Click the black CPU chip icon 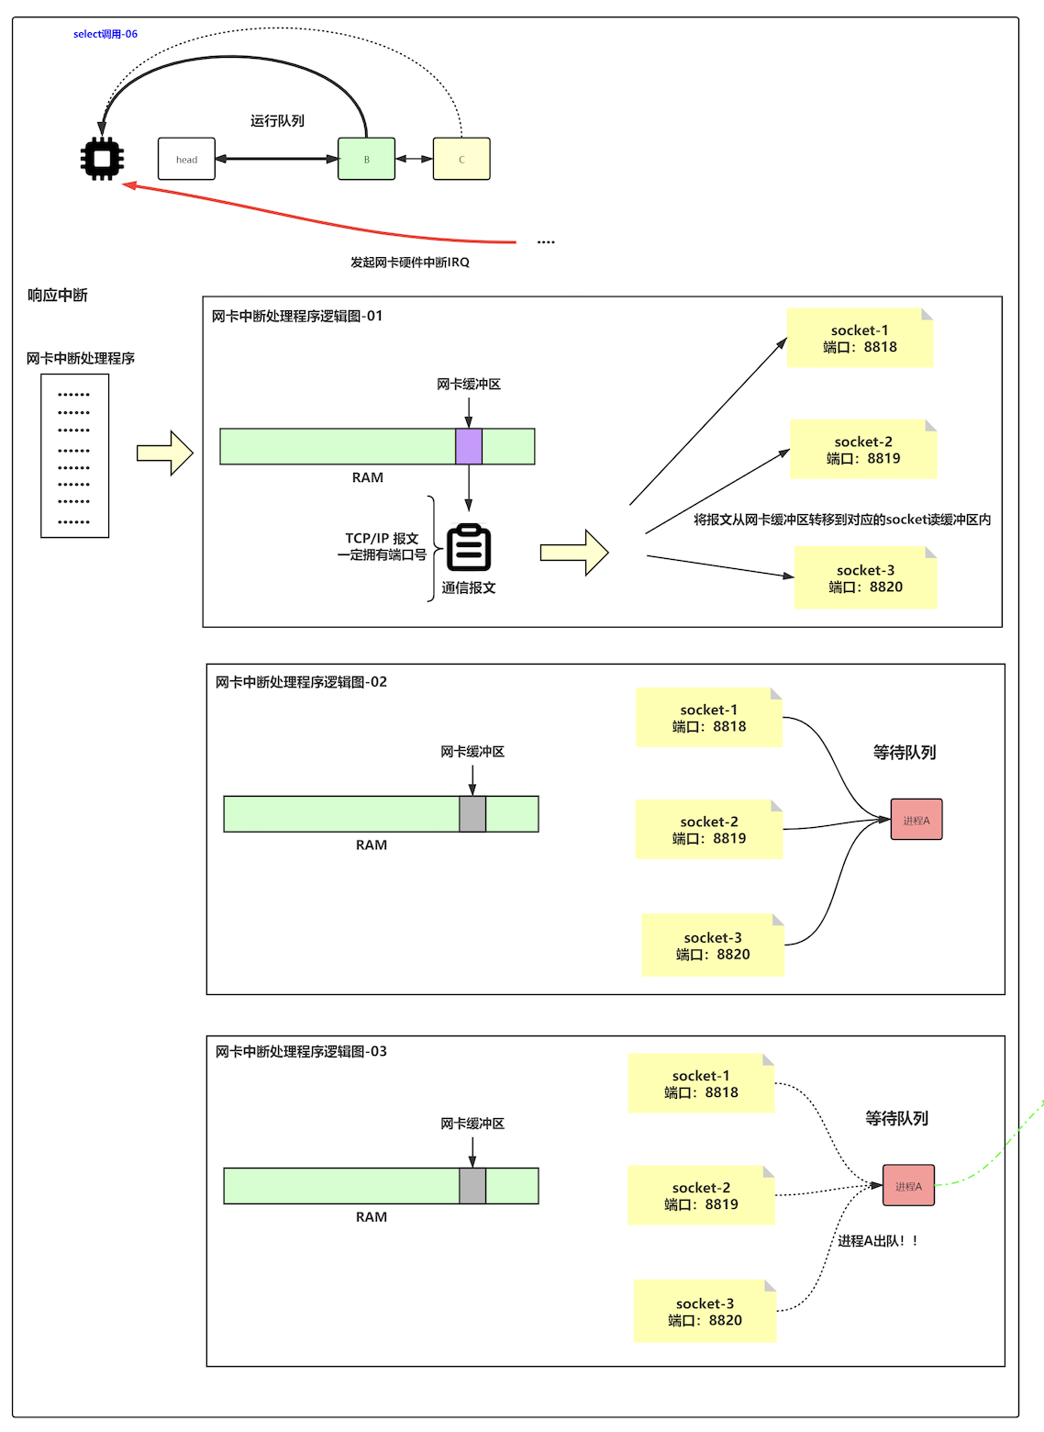[102, 160]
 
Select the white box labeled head [186, 159]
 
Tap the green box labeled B [366, 159]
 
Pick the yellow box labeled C [461, 159]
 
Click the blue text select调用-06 [106, 34]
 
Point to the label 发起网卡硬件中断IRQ [409, 263]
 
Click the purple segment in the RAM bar [469, 446]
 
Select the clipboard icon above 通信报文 [469, 548]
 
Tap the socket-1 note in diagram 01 [860, 339]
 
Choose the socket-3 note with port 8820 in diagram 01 [865, 578]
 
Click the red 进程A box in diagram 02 [916, 820]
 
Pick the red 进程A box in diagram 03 [908, 1186]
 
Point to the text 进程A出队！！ [877, 1241]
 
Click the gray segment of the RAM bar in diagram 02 [472, 814]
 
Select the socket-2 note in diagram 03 [701, 1195]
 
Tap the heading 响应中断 [57, 295]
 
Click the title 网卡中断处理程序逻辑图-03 [301, 1051]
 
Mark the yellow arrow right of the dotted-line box [165, 453]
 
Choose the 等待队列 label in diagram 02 [904, 752]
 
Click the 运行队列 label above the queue [277, 121]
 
